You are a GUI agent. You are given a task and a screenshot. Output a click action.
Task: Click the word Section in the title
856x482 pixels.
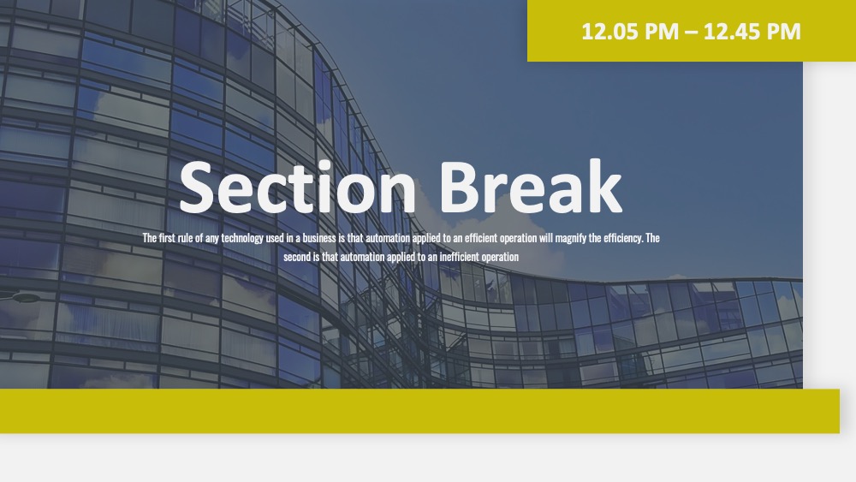(x=298, y=187)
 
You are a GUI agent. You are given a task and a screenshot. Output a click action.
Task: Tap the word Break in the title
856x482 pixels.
(x=530, y=186)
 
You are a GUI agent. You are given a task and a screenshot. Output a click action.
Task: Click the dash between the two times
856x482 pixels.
(x=691, y=33)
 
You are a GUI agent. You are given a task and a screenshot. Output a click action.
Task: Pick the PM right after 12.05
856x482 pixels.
(x=662, y=32)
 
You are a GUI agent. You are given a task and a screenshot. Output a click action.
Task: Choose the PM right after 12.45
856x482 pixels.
(x=783, y=32)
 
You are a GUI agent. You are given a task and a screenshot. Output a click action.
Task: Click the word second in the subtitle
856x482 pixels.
(x=297, y=257)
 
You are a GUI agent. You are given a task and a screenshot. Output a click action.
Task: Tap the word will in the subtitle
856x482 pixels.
(x=546, y=238)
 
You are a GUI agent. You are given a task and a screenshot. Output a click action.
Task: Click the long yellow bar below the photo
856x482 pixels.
(x=419, y=411)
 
